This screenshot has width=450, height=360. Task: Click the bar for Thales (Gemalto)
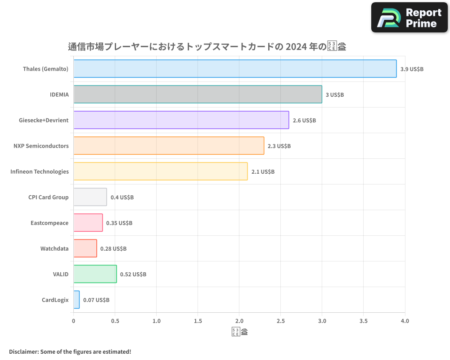click(x=235, y=69)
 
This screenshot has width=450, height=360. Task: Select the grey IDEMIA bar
click(x=198, y=94)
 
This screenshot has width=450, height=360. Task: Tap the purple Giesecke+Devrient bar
click(x=181, y=120)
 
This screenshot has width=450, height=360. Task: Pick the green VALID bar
click(x=95, y=274)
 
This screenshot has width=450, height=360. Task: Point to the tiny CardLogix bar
click(x=76, y=300)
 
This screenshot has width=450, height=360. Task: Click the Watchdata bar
click(x=85, y=248)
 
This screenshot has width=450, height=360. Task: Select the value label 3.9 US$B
click(x=412, y=69)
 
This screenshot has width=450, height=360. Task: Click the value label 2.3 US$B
click(x=279, y=146)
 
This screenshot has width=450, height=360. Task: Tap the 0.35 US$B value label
click(x=119, y=223)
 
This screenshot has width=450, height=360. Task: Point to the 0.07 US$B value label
click(x=96, y=300)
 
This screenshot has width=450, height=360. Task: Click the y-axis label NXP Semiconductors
click(x=41, y=146)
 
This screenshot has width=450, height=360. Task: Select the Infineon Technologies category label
click(x=40, y=171)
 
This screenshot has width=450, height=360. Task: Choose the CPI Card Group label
click(x=48, y=197)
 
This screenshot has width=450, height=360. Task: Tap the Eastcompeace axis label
click(x=49, y=223)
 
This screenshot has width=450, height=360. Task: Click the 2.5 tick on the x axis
click(x=281, y=321)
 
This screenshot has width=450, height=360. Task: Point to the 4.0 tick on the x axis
click(x=405, y=321)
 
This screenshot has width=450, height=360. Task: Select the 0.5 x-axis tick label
click(x=115, y=321)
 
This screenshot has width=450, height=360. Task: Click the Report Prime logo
click(x=409, y=18)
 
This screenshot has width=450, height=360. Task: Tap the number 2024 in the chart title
click(x=297, y=46)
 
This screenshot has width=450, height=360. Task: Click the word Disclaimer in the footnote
click(x=23, y=351)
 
